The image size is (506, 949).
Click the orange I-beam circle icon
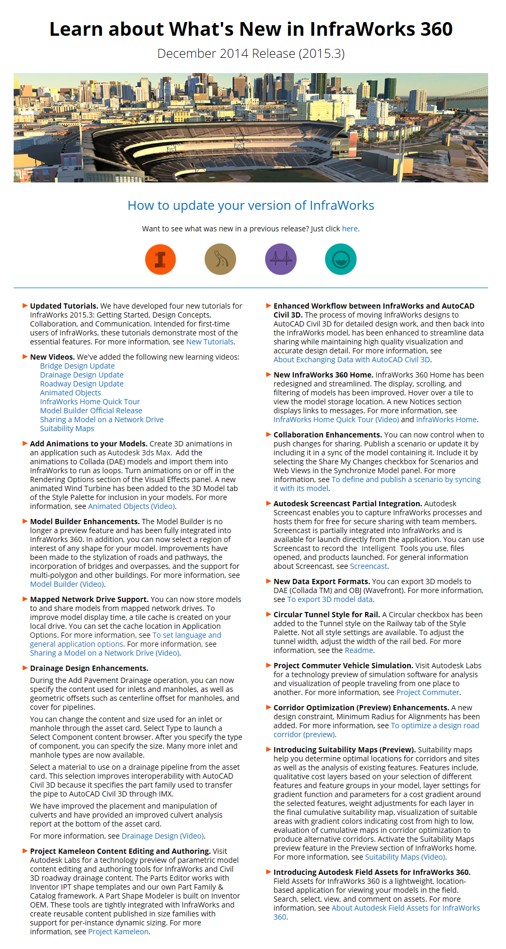[160, 260]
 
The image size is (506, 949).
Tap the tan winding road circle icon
[220, 260]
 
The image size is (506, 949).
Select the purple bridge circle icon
[281, 260]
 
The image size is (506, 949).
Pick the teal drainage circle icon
[341, 260]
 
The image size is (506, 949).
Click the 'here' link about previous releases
[350, 229]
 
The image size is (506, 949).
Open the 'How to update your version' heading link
[251, 206]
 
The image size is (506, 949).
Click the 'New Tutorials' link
[210, 342]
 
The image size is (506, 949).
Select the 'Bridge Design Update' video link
[77, 366]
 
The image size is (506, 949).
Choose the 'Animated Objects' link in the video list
[70, 393]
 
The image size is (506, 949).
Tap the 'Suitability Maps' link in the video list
[67, 428]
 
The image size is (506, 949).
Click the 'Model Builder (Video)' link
[67, 584]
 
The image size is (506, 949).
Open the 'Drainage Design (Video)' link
[163, 836]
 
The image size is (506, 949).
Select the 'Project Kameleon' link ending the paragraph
[118, 932]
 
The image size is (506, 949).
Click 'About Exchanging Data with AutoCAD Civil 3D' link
[352, 360]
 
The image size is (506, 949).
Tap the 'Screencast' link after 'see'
[369, 566]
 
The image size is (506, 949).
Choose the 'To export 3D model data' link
[330, 599]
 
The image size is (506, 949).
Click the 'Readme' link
[359, 650]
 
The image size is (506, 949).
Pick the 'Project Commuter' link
[428, 692]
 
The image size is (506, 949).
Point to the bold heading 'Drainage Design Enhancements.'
[89, 668]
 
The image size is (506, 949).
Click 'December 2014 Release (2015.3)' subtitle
[251, 54]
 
